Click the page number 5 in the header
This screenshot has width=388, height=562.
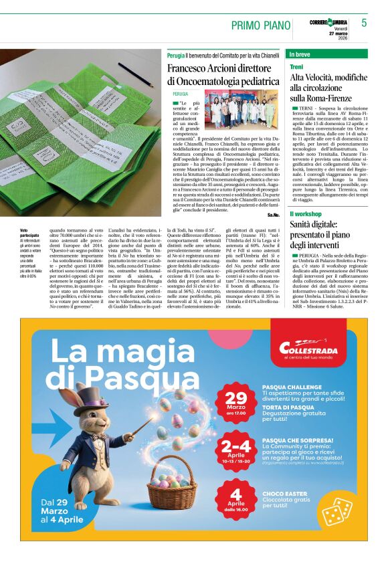364,23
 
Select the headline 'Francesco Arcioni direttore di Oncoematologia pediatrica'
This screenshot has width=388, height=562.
223,74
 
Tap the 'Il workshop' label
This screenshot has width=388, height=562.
306,213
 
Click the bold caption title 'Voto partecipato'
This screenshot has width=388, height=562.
30,232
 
